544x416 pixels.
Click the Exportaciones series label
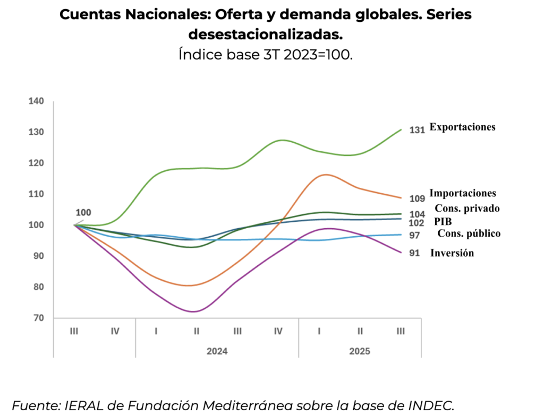point(462,127)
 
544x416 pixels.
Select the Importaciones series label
point(463,194)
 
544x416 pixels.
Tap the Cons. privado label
point(467,209)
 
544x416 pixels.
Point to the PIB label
point(443,222)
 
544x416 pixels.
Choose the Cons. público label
point(469,233)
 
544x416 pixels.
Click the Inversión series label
point(452,253)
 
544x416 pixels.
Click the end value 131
point(417,130)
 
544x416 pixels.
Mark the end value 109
point(417,198)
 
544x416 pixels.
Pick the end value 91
point(414,254)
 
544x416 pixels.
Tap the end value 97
point(414,235)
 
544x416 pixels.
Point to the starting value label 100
point(83,213)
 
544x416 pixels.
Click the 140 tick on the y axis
point(36,101)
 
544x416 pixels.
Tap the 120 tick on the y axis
point(36,163)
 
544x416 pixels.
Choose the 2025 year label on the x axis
point(360,351)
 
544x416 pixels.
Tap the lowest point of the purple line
point(194,311)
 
